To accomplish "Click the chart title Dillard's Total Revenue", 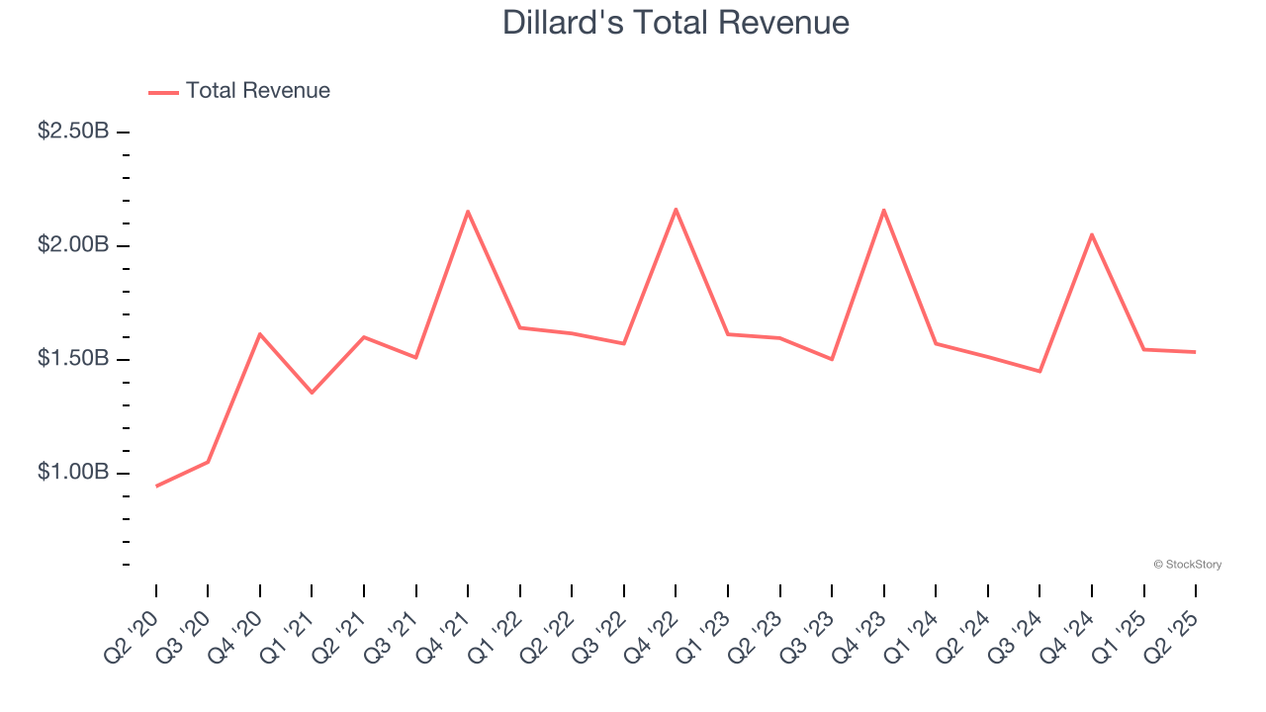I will point(676,22).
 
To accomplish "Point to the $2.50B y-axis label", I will point(73,131).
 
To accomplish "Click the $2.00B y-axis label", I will point(73,244).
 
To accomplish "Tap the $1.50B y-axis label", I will point(73,358).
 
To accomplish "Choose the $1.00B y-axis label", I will point(73,472).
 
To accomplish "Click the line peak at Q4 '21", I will point(468,212).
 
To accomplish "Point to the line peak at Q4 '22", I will point(676,209).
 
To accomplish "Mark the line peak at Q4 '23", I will point(883,210).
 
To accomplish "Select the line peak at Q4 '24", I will point(1092,234).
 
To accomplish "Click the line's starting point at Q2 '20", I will point(156,486).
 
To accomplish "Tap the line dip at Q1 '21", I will point(312,393).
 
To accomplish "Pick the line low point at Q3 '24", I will point(1040,371).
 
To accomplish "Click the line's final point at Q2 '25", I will point(1195,351).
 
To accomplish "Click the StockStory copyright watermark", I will point(1187,565).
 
